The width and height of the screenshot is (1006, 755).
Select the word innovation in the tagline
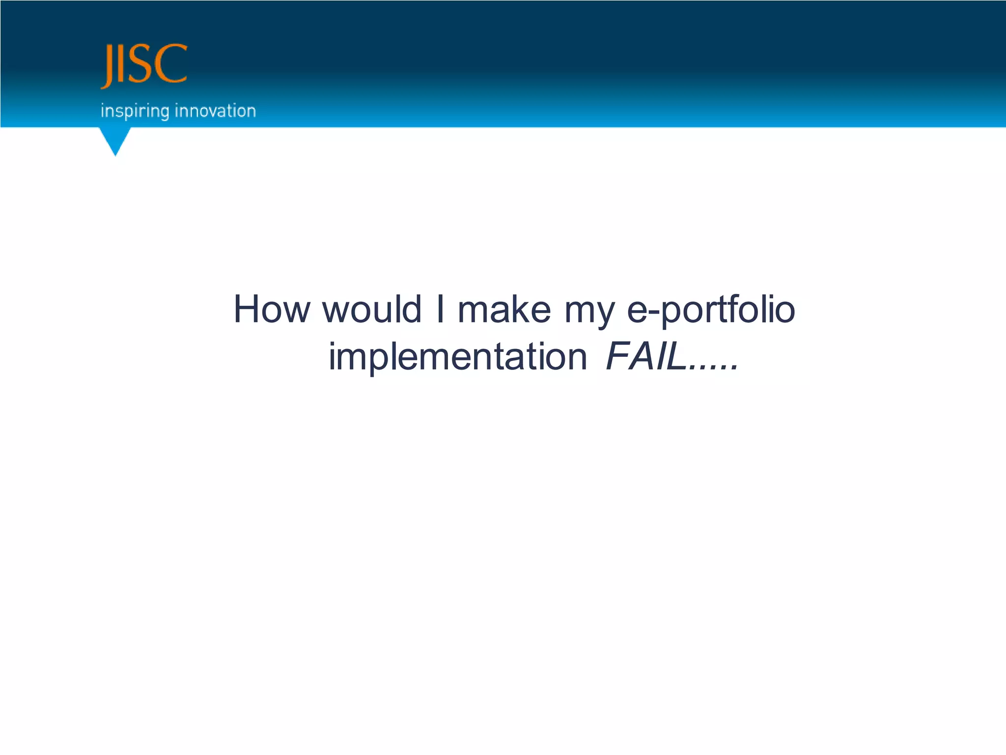(x=216, y=111)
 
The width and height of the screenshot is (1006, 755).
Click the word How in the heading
(x=272, y=309)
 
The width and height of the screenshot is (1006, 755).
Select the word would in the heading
(x=372, y=309)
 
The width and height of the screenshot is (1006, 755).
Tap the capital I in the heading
(x=440, y=309)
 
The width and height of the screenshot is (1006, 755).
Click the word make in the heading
(x=504, y=309)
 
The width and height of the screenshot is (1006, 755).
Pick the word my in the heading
(x=589, y=312)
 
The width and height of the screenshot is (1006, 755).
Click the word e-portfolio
(x=711, y=310)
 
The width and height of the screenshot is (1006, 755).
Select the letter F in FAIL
(x=618, y=356)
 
